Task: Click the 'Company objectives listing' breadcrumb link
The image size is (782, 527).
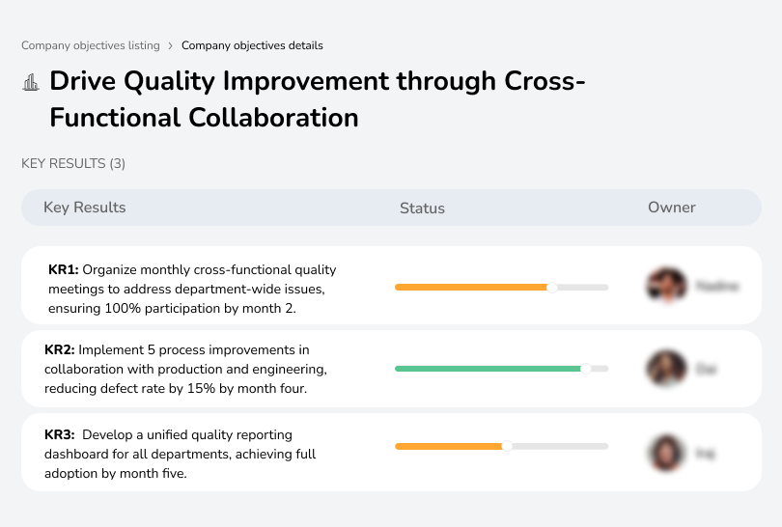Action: (91, 45)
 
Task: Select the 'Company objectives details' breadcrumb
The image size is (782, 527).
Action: (252, 45)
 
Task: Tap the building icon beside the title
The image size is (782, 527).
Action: (31, 82)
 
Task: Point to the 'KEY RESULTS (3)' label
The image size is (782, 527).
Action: (73, 164)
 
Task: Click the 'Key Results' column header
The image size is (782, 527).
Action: (84, 208)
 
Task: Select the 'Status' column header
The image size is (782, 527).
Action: (422, 208)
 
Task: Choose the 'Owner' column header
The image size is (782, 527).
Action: (672, 208)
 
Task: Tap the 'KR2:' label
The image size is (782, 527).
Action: (60, 349)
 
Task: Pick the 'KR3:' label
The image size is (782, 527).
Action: (60, 434)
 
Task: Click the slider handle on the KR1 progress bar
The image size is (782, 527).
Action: (552, 287)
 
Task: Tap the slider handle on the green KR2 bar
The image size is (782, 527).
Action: (585, 368)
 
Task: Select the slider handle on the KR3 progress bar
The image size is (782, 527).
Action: (507, 446)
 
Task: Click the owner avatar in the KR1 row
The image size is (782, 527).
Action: (665, 286)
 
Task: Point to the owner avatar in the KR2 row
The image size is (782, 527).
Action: (665, 368)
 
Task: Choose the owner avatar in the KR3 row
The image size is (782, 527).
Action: (665, 452)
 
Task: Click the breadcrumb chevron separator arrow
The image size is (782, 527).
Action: (171, 45)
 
